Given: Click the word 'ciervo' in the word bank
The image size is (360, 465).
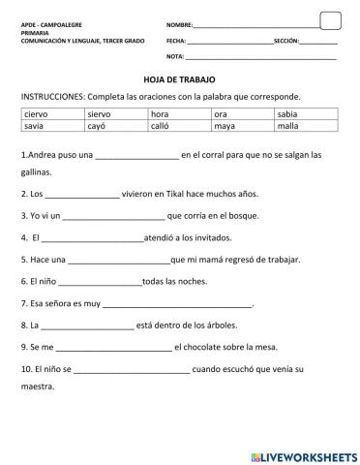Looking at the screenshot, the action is click(35, 114).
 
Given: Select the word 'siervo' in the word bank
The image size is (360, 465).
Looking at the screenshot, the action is click(100, 114).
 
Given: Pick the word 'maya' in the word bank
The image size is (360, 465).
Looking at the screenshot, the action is click(225, 126).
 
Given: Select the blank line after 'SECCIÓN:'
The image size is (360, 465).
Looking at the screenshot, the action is click(318, 43).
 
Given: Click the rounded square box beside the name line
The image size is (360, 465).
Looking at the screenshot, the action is click(330, 20).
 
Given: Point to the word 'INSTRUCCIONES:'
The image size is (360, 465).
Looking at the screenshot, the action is click(52, 97).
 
